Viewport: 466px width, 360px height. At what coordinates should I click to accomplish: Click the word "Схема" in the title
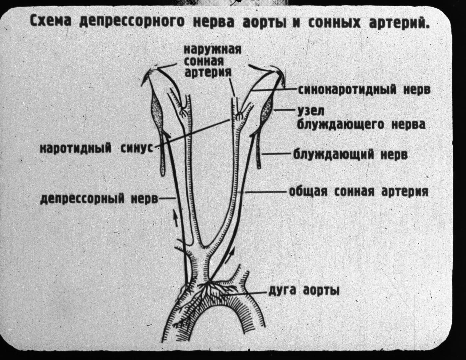point(51,22)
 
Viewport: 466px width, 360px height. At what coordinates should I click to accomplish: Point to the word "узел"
point(311,111)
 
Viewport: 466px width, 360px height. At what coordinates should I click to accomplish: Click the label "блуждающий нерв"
point(350,154)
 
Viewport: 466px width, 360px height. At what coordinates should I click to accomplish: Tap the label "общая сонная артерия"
point(359,191)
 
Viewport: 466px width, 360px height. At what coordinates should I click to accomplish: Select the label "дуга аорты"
point(304,291)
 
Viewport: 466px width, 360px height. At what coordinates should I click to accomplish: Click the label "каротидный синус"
point(97,148)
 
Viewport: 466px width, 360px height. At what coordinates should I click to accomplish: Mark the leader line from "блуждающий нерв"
point(277,154)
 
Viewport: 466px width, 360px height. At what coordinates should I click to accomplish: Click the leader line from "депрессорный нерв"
point(167,199)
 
